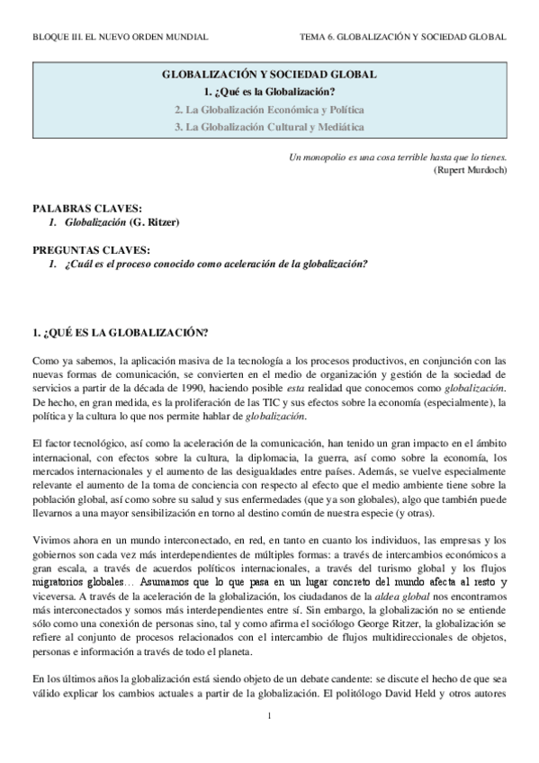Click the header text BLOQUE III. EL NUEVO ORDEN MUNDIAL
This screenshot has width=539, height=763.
120,37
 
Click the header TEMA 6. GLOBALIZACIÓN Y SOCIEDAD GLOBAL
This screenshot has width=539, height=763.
404,37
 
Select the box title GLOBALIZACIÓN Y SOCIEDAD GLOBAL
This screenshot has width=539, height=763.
269,77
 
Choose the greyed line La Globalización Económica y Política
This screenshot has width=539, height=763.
269,110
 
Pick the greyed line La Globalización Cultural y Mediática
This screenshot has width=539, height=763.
269,127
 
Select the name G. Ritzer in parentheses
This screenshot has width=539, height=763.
156,221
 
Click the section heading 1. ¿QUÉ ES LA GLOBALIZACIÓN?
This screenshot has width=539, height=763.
120,333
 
